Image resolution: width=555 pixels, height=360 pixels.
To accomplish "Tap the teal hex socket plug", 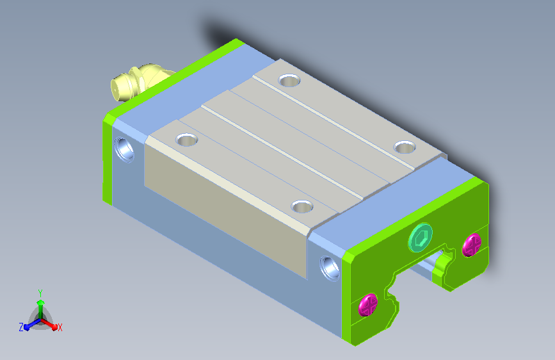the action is pos(421,238).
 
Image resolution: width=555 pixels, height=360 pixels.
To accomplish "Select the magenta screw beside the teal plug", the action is pos(472,245).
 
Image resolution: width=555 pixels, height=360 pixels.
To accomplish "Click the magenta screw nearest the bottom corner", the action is pos(368,304).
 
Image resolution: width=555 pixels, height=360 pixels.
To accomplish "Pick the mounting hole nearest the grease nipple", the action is pos(289,81).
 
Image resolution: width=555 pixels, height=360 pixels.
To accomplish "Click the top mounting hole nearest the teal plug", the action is pos(405,147).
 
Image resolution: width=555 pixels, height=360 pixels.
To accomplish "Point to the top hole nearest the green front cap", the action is pos(302,206).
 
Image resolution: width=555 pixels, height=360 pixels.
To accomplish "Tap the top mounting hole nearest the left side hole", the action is pos(186,140).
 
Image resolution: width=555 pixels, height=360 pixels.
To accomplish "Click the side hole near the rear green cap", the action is pos(124,149).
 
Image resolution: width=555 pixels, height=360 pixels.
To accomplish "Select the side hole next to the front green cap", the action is pos(330,268).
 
